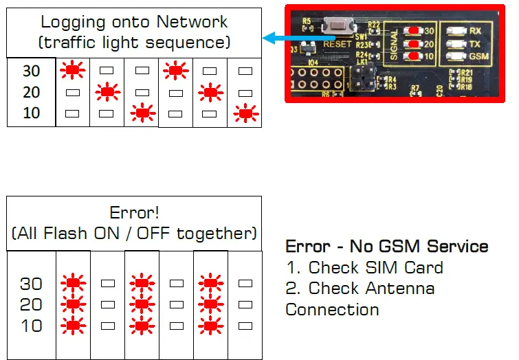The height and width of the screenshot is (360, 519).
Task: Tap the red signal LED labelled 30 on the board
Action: click(413, 31)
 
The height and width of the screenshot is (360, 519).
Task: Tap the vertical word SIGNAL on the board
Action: click(396, 43)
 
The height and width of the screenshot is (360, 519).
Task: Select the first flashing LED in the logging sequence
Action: click(71, 69)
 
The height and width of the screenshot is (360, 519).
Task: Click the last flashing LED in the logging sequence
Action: click(244, 112)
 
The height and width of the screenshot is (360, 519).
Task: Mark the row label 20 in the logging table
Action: click(31, 92)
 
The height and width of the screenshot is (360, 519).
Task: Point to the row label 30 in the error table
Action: click(31, 283)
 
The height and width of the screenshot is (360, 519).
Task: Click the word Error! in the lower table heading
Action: click(134, 212)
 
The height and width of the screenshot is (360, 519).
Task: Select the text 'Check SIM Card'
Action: click(375, 267)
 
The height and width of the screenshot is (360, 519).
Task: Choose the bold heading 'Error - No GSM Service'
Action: click(386, 246)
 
